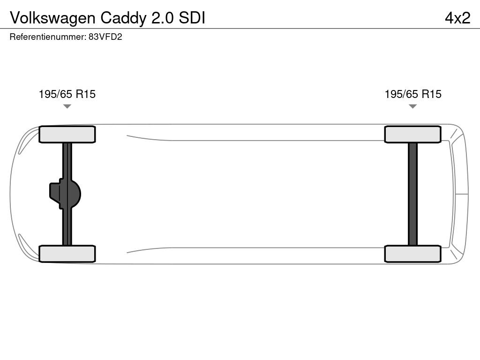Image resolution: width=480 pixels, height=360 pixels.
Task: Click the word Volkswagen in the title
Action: point(53,18)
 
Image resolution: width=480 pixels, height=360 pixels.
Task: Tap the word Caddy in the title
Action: point(124,18)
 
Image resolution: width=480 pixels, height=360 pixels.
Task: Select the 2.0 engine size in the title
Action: point(163,18)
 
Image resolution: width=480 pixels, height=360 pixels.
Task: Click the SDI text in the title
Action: point(192,18)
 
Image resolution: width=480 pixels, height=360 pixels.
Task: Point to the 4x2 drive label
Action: point(457,18)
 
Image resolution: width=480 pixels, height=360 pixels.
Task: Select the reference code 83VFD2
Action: point(105,37)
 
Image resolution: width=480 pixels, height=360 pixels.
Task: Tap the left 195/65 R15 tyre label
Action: point(67,94)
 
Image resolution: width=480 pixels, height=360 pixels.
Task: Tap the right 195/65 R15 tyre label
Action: point(413,94)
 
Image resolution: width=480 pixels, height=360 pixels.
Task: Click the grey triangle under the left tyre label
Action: point(67,106)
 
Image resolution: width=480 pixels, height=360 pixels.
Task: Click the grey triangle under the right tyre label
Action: point(412,106)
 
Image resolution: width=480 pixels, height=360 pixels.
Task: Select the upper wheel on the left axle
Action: point(67,135)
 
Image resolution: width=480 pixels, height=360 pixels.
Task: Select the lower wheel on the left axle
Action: point(67,254)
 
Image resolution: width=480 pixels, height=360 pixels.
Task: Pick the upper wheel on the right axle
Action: point(412,135)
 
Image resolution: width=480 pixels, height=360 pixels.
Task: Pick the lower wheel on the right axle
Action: point(412,254)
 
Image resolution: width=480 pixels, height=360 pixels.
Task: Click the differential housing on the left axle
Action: point(65,194)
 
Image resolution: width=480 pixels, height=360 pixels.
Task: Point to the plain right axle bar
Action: point(412,194)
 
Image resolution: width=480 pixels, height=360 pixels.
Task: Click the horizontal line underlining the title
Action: point(240,29)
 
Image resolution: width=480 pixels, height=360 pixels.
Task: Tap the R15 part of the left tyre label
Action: point(86,94)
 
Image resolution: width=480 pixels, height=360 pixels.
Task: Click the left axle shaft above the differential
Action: point(67,161)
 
